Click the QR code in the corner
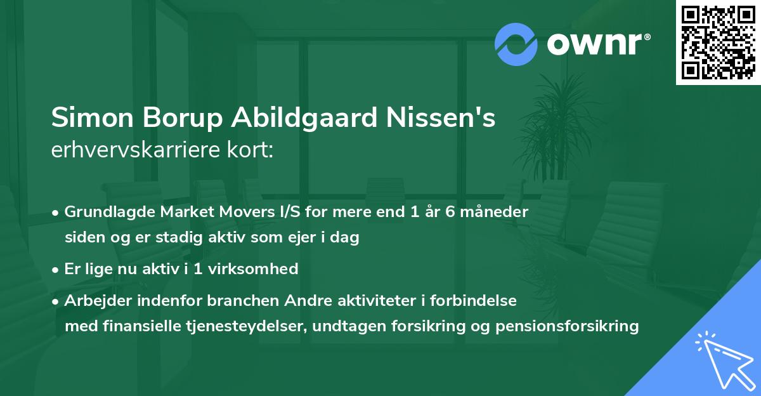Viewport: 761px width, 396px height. pyautogui.click(x=719, y=42)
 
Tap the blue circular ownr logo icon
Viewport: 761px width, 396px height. pyautogui.click(x=516, y=44)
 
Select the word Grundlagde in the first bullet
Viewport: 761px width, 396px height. pyautogui.click(x=104, y=212)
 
